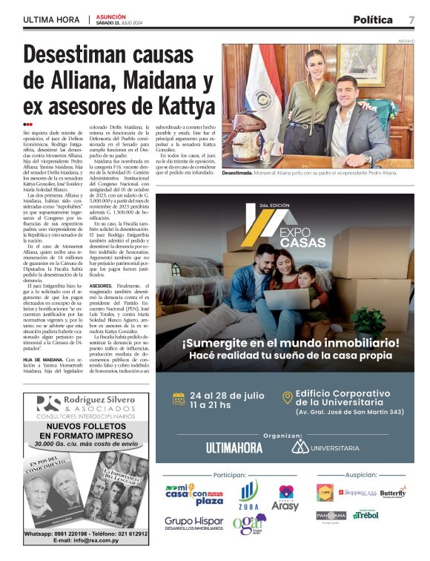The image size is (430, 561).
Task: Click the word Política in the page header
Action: point(373,19)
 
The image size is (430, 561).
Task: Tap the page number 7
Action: point(411,19)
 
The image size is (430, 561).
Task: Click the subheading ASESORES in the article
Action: point(101,285)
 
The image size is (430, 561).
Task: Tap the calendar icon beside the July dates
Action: point(179,398)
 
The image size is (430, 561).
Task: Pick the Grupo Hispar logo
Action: point(193,525)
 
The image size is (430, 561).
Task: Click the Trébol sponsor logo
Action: point(365,514)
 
